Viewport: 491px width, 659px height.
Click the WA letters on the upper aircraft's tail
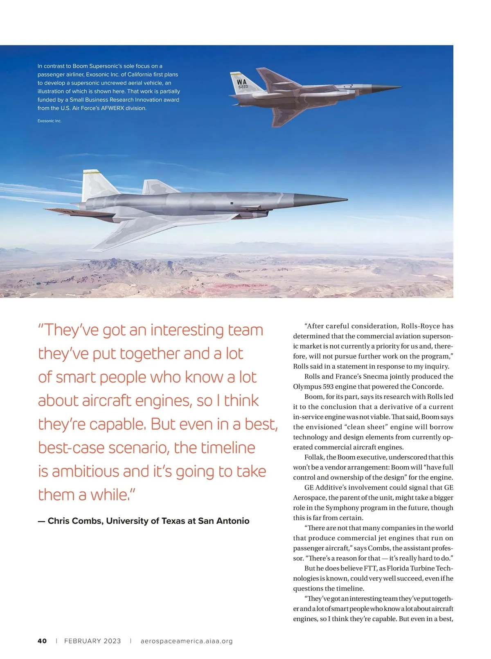pyautogui.click(x=241, y=82)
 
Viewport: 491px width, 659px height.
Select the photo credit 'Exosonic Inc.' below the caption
pyautogui.click(x=50, y=121)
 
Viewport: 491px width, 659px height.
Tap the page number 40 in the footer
pyautogui.click(x=42, y=641)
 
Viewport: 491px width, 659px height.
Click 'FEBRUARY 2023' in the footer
pyautogui.click(x=92, y=641)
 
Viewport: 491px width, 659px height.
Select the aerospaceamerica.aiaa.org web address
pyautogui.click(x=187, y=641)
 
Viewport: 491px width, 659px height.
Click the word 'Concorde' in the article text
pyautogui.click(x=427, y=386)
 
